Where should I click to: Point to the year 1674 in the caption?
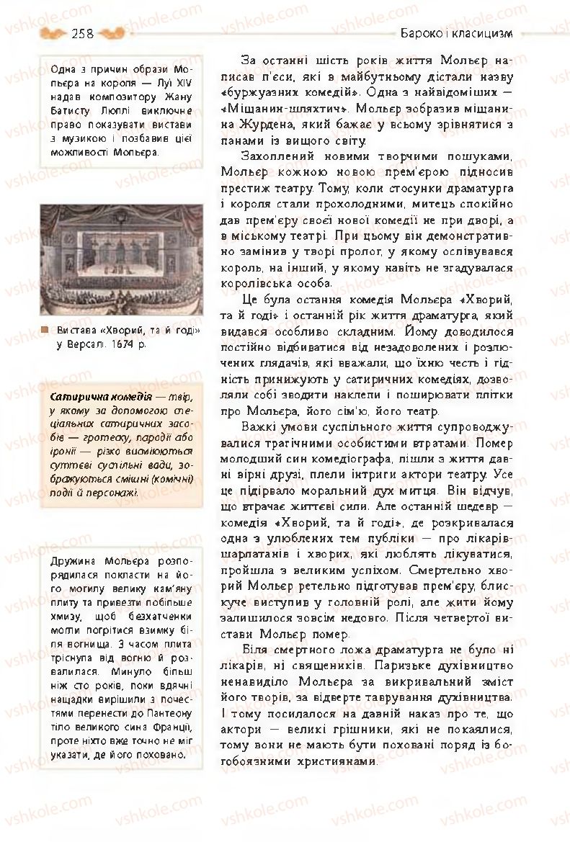pyautogui.click(x=115, y=344)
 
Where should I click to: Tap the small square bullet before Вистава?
pyautogui.click(x=45, y=331)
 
